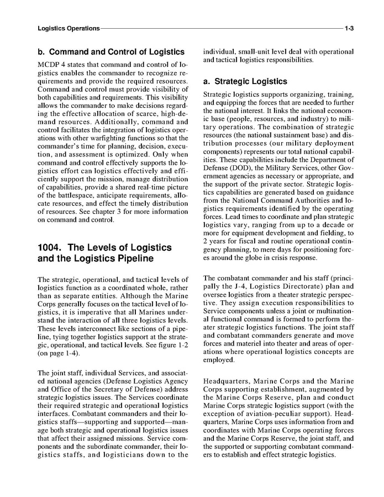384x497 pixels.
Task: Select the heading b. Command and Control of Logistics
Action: click(111, 52)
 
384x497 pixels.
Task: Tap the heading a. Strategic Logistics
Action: click(245, 81)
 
